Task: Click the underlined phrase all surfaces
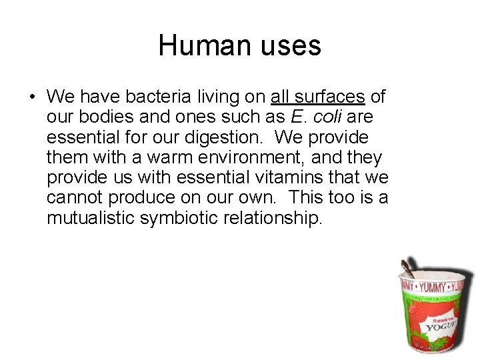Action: click(x=318, y=97)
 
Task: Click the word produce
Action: click(x=139, y=197)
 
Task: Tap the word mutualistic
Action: click(x=90, y=217)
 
